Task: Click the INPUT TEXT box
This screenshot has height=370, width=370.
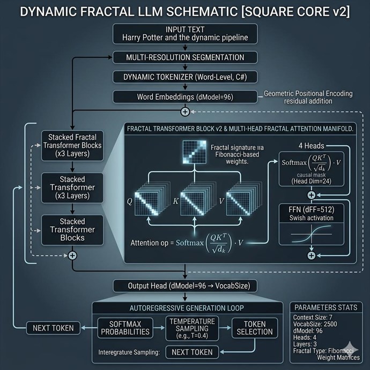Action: [185, 34]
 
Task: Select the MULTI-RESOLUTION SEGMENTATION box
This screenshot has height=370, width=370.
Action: [185, 57]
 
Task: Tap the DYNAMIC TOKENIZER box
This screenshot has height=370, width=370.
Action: [185, 77]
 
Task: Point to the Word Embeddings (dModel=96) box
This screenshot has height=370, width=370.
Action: [185, 97]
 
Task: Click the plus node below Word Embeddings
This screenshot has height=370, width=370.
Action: [185, 112]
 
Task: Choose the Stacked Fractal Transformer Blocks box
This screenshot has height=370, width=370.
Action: [72, 146]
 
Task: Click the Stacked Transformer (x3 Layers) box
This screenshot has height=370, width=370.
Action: [72, 188]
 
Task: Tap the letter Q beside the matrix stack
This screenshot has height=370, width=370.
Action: [130, 202]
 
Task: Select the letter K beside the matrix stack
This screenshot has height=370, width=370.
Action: [175, 201]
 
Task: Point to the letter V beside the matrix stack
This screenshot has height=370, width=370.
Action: [221, 201]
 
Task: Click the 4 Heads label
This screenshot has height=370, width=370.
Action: [311, 146]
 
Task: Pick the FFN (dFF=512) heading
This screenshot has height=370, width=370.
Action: [311, 210]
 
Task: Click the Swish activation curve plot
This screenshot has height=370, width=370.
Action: [312, 234]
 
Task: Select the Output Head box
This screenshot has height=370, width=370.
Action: [185, 286]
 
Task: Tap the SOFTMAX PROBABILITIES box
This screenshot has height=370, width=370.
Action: [125, 328]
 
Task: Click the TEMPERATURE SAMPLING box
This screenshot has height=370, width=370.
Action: [192, 328]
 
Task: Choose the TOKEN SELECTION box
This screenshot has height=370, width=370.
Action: [255, 328]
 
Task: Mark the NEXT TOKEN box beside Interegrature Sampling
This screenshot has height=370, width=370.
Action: [192, 352]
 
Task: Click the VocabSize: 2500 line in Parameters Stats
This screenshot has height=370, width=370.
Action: [315, 324]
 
